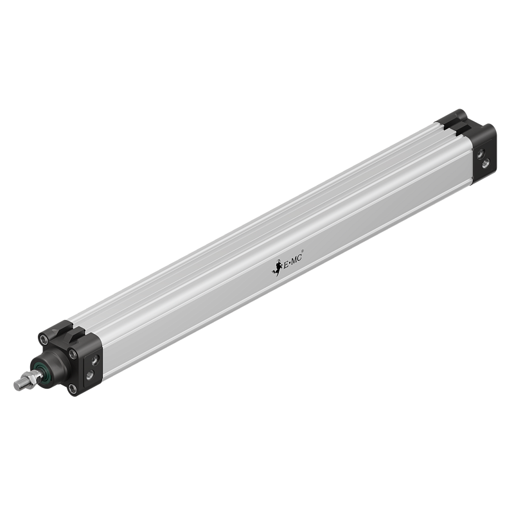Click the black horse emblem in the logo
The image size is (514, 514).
277,266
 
